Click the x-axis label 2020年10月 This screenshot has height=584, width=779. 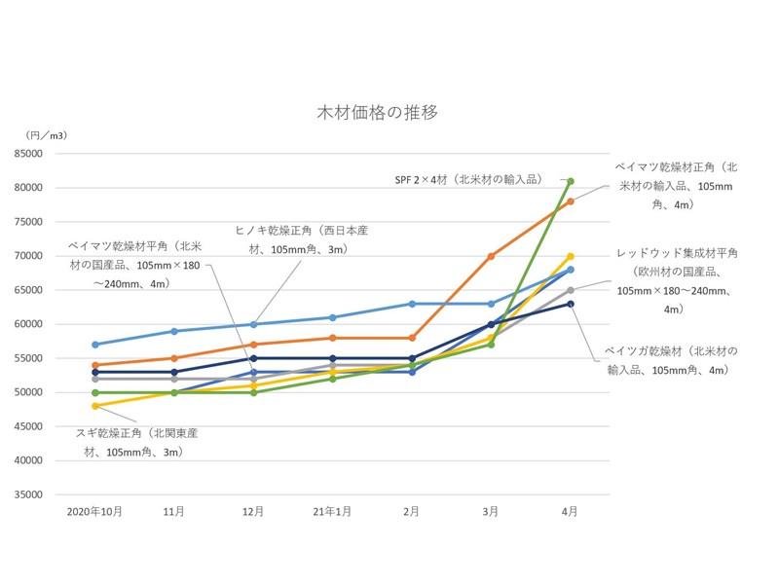click(94, 511)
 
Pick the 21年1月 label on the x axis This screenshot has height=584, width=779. click(332, 511)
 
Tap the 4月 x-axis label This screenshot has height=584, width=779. click(570, 511)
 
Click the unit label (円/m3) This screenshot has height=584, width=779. click(48, 134)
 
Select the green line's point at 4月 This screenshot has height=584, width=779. click(571, 181)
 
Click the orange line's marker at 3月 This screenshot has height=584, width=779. click(491, 256)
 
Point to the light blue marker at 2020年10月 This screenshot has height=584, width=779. click(94, 345)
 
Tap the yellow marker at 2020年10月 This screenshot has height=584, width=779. click(94, 406)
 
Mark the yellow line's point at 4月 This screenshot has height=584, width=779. click(571, 256)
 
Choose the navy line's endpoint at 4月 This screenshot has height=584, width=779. click(571, 304)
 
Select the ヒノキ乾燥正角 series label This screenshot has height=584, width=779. click(301, 239)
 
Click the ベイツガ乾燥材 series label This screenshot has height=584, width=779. click(671, 359)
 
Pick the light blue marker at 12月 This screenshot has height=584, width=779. click(253, 324)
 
